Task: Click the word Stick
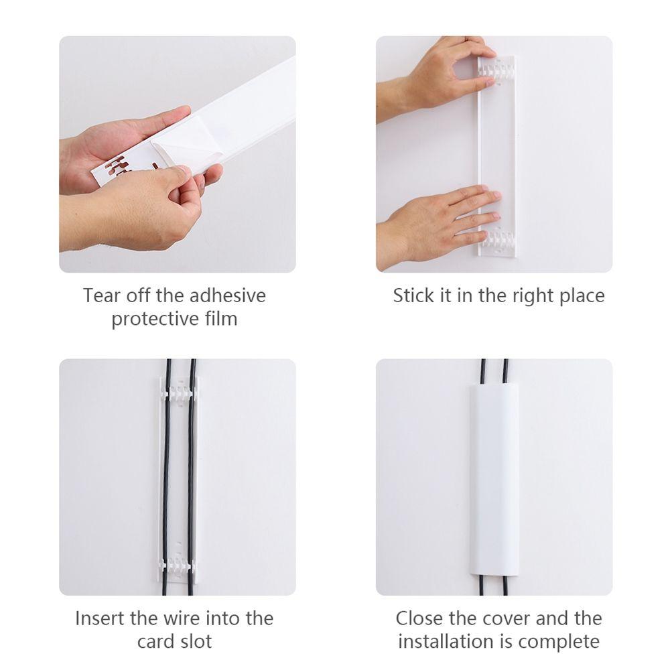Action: coord(413,295)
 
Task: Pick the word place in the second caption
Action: coord(581,295)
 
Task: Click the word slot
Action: coord(194,641)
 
